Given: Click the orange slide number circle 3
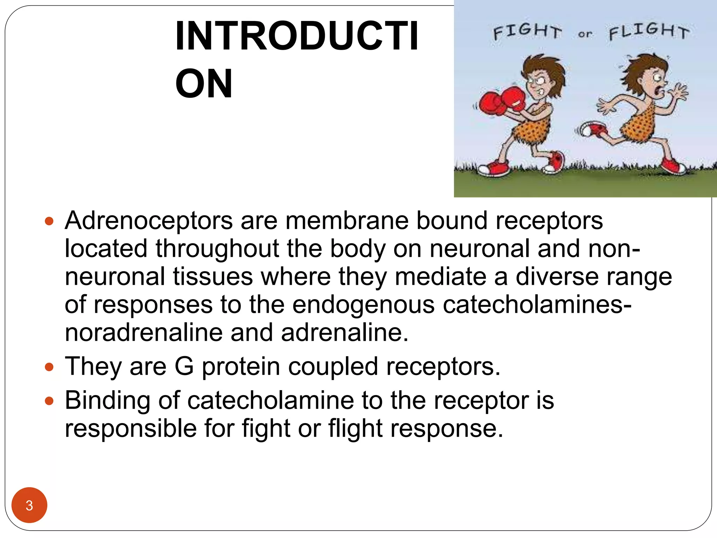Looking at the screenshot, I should coord(29,505).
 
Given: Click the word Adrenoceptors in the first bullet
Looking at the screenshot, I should coord(149,221).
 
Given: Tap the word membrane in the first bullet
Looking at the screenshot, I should coord(347,221).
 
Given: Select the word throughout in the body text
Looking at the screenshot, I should coord(217,249).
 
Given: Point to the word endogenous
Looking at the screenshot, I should coord(363,305).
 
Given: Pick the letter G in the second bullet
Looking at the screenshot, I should coord(184,366).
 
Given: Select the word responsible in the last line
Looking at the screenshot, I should coord(131,428).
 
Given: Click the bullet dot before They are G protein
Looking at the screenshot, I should coord(49,367).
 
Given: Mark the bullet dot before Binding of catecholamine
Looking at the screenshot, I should coord(49,401).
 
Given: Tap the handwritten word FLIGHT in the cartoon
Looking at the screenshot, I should coord(649,31).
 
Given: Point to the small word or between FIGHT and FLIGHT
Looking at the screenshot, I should coord(585,34).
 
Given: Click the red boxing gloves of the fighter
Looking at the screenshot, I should coord(501,100).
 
